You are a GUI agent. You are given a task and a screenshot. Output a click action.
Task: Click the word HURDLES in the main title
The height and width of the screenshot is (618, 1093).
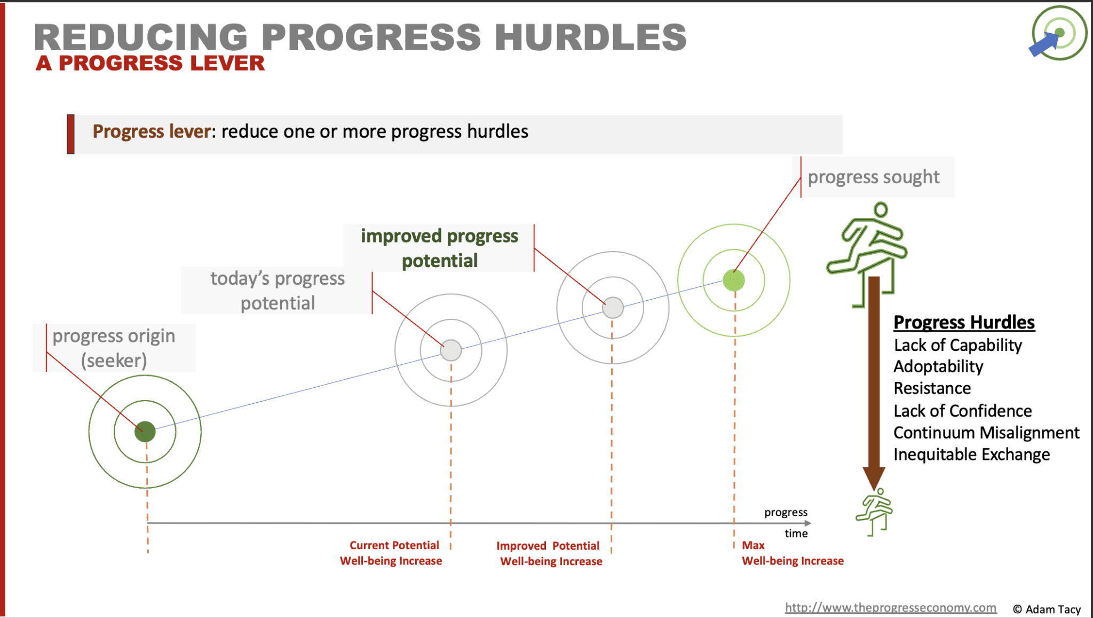tap(591, 37)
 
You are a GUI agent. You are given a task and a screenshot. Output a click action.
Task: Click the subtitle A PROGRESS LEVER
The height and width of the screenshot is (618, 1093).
tap(150, 64)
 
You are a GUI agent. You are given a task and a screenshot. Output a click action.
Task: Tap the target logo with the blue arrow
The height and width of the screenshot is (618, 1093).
tap(1058, 33)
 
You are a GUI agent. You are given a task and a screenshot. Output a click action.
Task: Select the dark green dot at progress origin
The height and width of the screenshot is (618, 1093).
tap(145, 432)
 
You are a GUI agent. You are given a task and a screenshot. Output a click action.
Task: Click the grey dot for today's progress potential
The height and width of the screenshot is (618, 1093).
tap(451, 350)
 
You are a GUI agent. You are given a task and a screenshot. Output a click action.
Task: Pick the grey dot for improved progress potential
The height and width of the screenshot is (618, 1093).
tap(613, 308)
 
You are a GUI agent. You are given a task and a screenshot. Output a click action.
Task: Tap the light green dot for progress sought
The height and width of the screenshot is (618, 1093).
tap(734, 280)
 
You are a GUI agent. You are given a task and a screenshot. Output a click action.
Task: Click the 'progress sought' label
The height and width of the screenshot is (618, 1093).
tap(874, 177)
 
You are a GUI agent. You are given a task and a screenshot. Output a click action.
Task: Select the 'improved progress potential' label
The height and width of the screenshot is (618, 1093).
tap(439, 248)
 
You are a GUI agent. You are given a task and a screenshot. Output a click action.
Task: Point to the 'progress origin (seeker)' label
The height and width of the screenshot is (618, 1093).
tap(114, 348)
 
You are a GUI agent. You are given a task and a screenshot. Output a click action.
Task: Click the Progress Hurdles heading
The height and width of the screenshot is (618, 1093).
tap(964, 322)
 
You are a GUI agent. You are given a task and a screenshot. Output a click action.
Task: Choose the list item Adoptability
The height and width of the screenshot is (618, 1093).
tap(938, 366)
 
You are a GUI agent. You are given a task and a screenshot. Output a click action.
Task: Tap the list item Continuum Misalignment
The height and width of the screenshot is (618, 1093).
tap(986, 432)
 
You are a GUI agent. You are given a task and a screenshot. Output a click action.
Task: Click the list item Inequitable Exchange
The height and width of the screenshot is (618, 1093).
tap(972, 455)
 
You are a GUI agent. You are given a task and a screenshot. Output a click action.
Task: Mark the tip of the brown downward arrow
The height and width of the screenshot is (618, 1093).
tap(874, 490)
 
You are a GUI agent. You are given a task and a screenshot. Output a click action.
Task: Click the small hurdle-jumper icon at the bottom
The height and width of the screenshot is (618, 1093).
tap(874, 512)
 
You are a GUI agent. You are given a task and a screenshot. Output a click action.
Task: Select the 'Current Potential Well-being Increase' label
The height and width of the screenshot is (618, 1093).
tap(391, 553)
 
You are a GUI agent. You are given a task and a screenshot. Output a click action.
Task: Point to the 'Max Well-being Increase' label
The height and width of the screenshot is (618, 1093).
tap(793, 553)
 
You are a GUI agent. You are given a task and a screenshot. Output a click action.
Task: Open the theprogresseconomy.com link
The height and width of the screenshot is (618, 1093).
tap(891, 608)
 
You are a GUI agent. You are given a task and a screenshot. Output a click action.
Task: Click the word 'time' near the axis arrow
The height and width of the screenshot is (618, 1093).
tap(796, 534)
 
